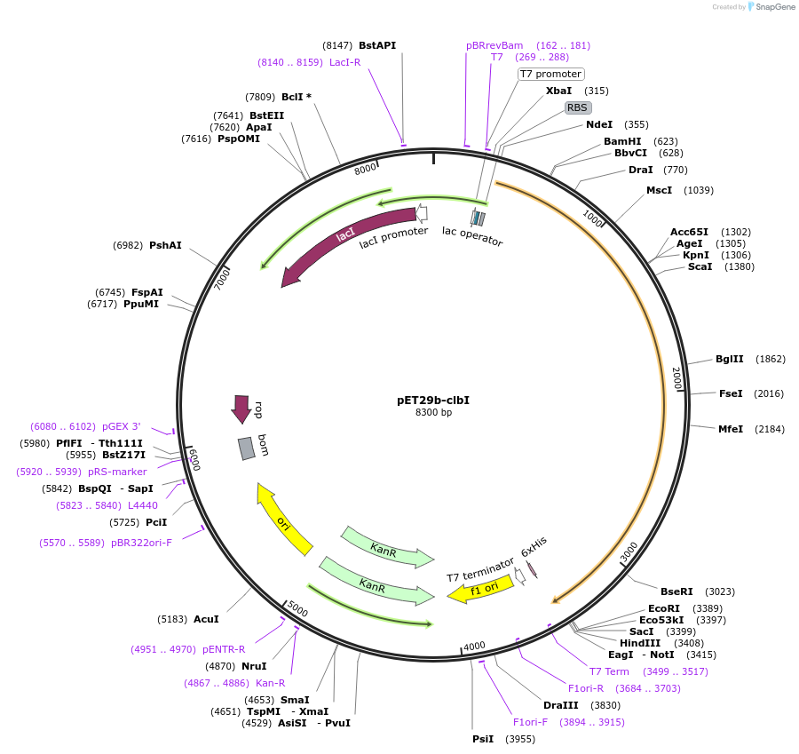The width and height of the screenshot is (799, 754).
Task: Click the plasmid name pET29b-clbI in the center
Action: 433,400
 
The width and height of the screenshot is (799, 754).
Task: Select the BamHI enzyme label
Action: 621,141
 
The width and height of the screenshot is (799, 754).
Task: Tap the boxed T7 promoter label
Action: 550,74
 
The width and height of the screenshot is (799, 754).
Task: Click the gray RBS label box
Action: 577,107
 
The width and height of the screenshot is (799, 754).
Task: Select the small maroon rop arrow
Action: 241,409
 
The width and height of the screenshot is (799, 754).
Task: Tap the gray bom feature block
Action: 247,448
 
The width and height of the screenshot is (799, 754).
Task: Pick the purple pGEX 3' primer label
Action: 122,426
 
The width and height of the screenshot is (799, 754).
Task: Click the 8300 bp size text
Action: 433,412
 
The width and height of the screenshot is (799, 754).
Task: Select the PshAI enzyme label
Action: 165,245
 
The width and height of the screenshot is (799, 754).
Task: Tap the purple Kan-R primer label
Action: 271,683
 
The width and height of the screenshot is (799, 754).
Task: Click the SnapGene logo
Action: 771,7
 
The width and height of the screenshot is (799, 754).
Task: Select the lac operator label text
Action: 472,236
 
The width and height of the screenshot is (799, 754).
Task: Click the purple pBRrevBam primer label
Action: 494,45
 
